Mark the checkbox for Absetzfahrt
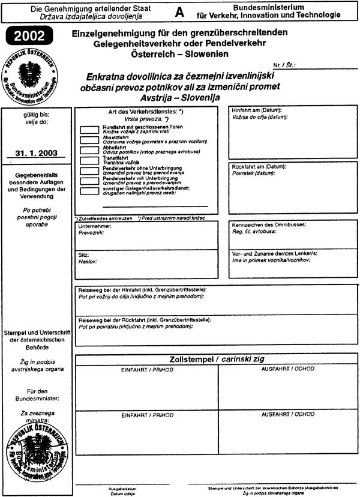(x=89, y=139)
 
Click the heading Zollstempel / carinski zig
(x=218, y=360)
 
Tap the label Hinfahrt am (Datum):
(x=256, y=110)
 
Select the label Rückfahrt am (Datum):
(x=259, y=166)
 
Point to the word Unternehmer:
(x=95, y=226)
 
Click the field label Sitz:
(x=85, y=255)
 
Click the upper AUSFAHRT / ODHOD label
(x=287, y=370)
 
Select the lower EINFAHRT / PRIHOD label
(x=147, y=415)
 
